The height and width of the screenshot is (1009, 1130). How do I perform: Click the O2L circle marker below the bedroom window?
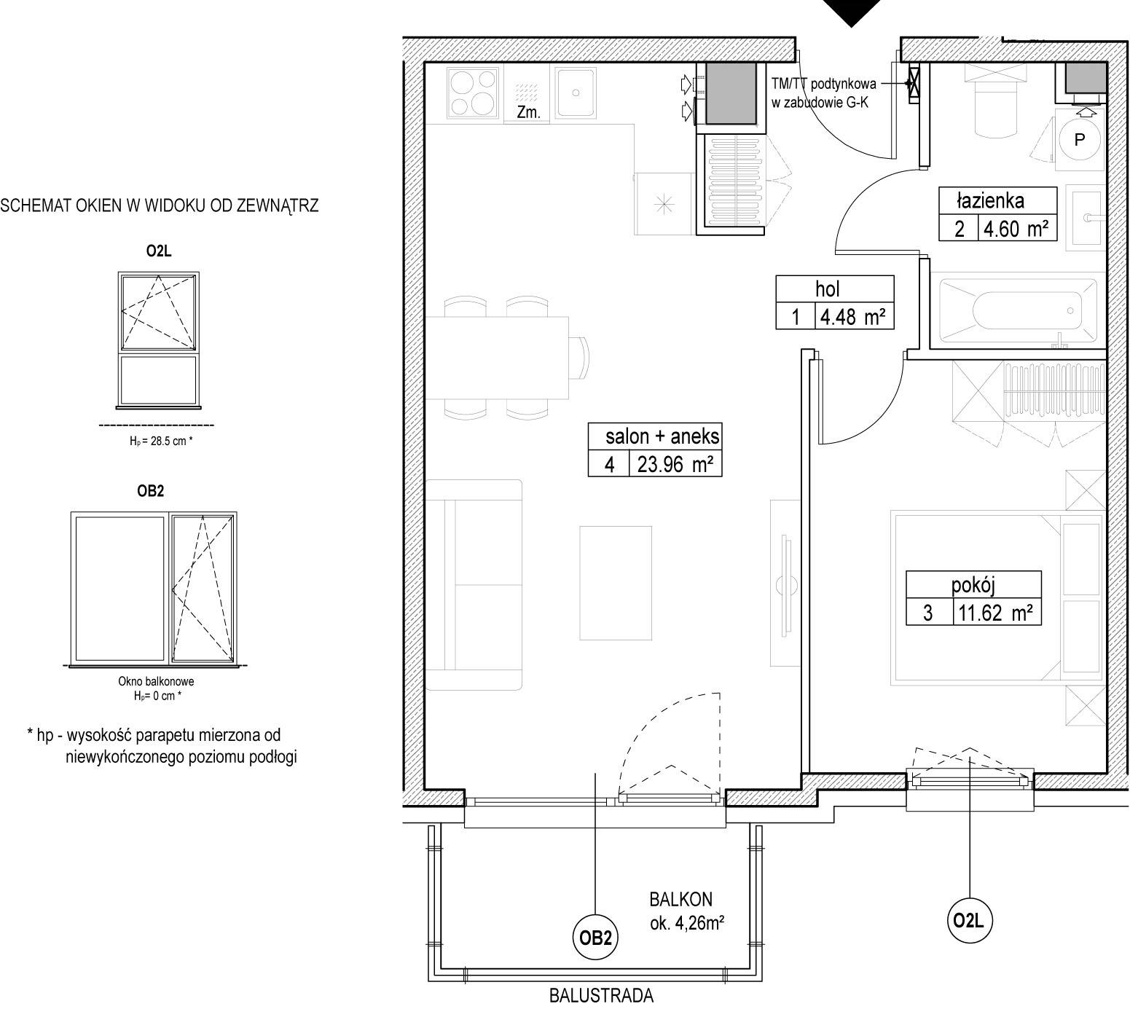970,921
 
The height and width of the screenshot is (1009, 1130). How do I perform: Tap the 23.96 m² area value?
675,464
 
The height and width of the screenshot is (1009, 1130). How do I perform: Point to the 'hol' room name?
828,289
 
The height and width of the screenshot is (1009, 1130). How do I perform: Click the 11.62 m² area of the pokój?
996,613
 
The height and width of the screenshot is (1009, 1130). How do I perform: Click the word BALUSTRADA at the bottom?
602,995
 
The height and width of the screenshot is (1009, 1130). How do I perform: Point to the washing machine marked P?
1079,139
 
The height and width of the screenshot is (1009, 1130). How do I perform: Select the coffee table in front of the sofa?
616,583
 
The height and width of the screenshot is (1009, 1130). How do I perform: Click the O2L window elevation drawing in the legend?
158,338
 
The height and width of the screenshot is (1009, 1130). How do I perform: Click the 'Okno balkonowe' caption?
156,682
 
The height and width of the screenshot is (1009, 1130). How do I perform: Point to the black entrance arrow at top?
850,13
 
